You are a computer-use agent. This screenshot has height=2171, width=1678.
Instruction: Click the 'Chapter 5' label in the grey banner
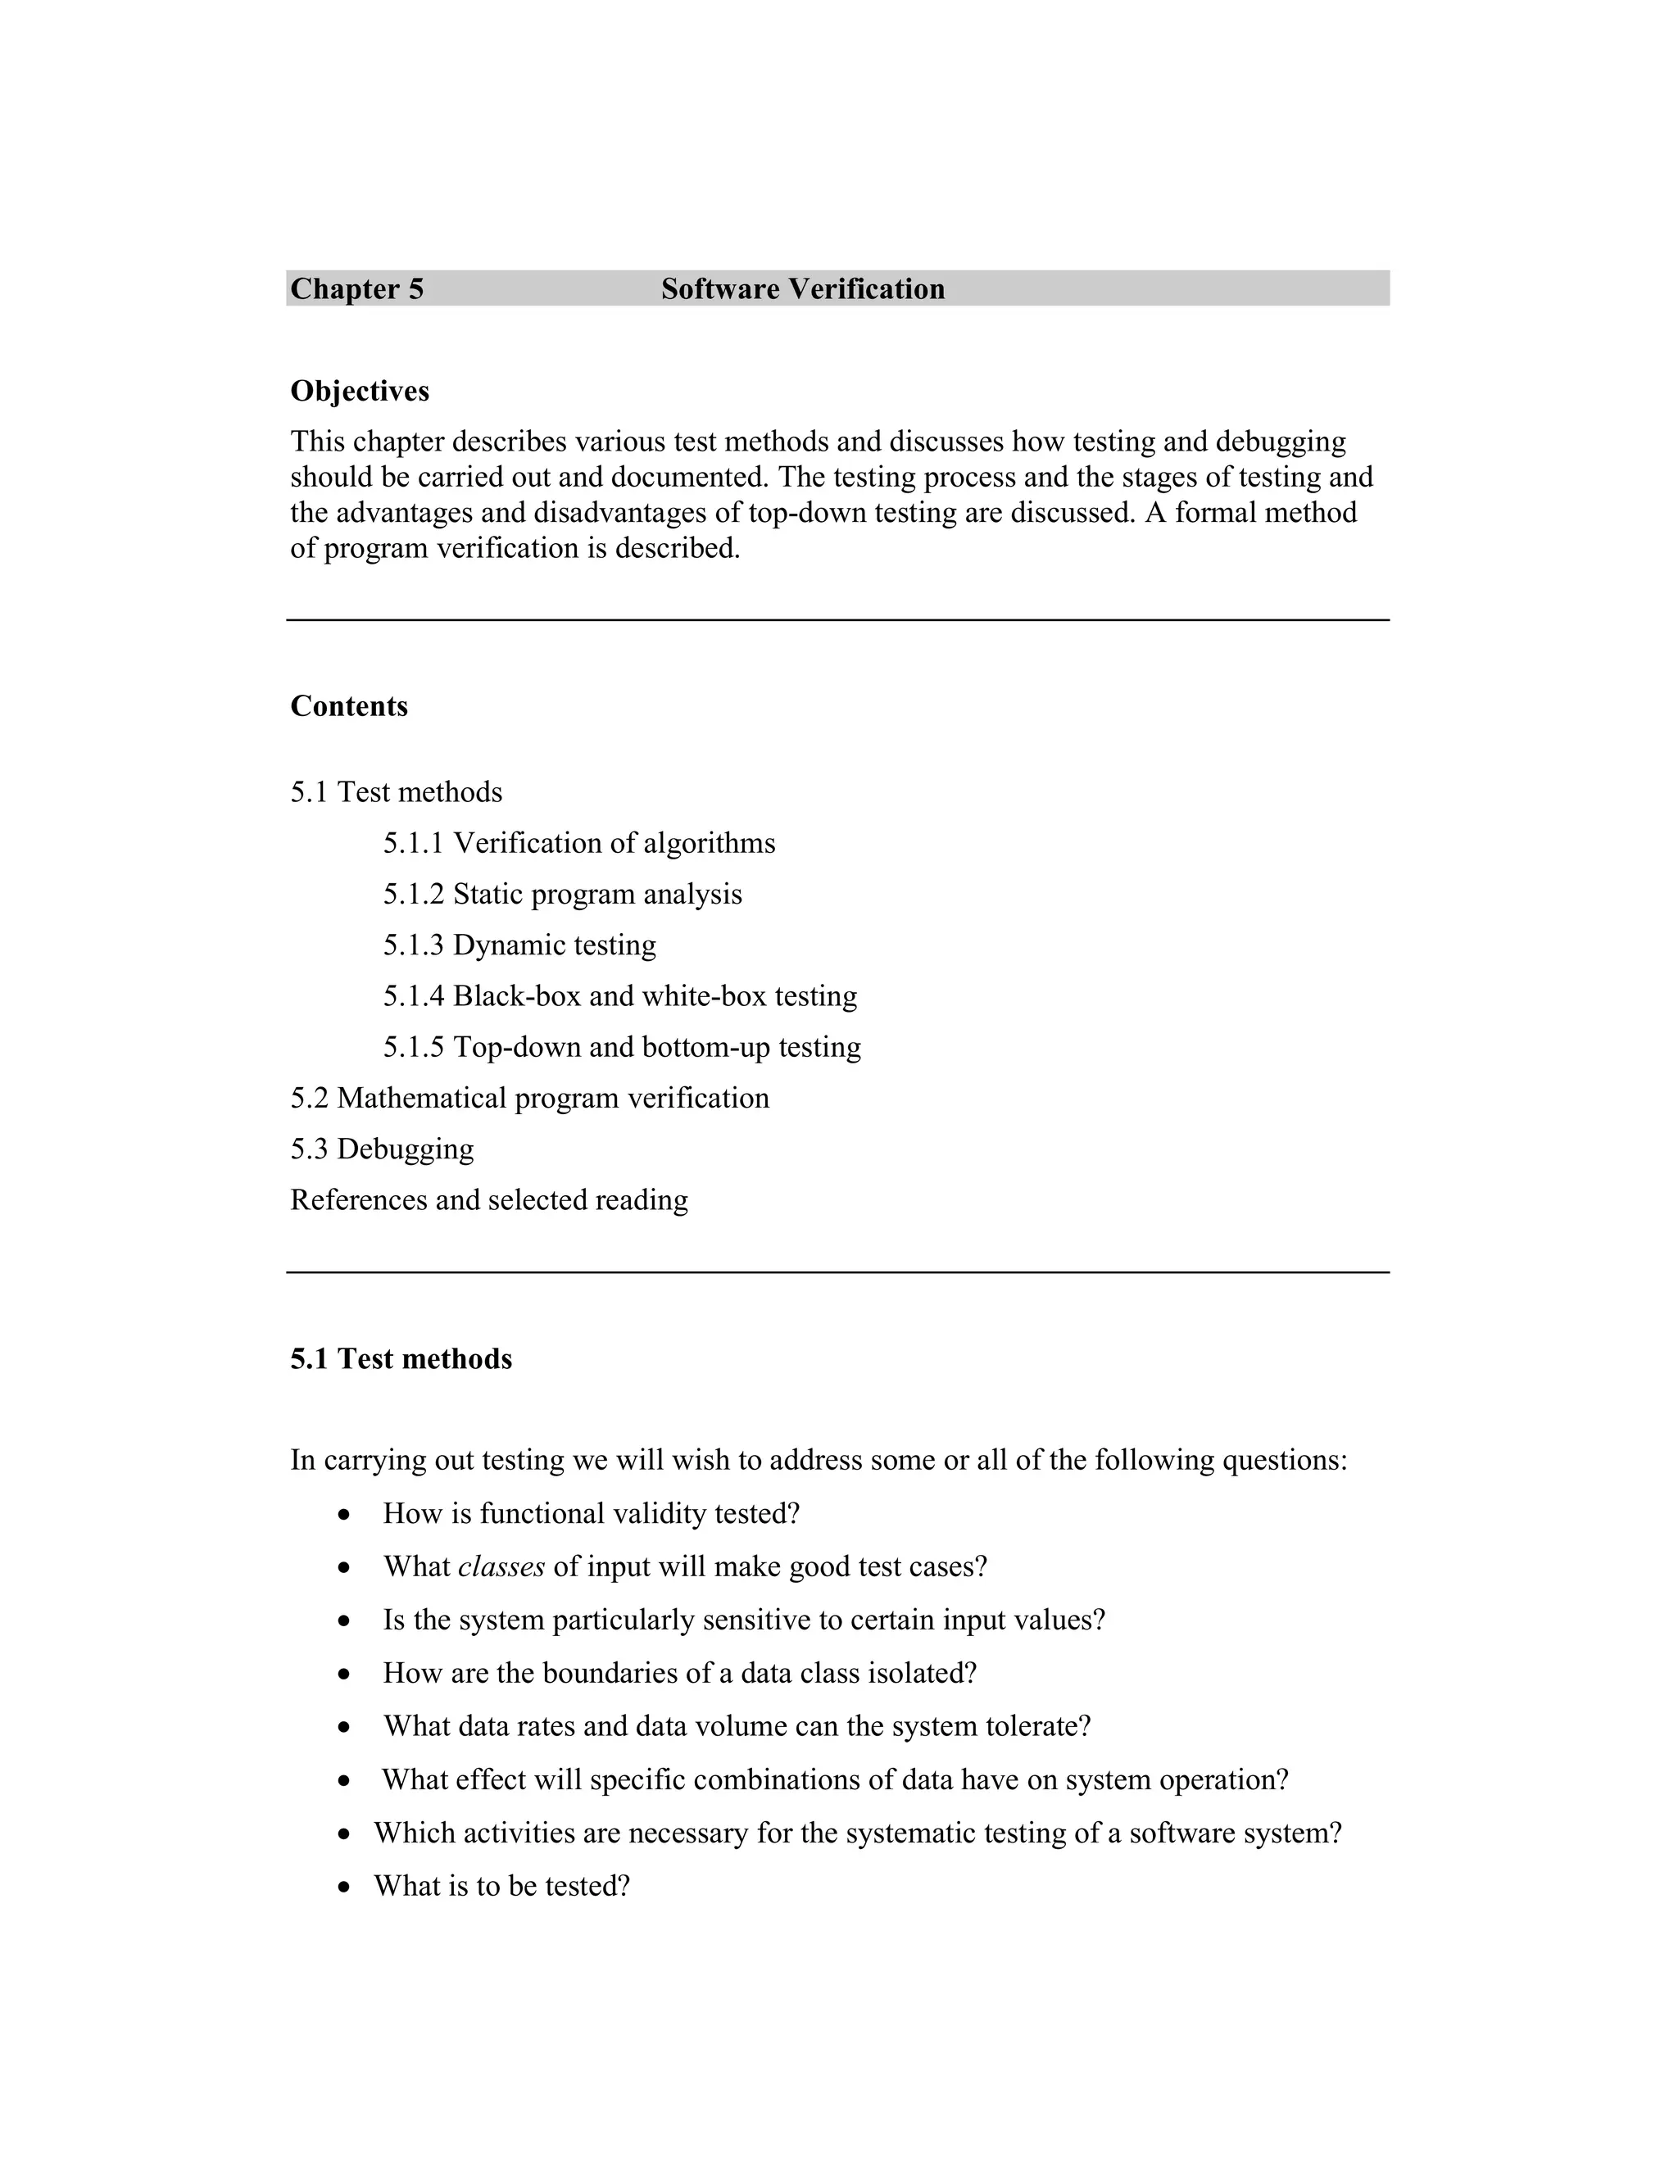[x=357, y=289]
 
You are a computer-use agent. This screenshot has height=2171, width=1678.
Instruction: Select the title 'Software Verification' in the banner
[x=802, y=289]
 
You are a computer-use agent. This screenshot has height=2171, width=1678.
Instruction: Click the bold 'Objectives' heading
[x=360, y=392]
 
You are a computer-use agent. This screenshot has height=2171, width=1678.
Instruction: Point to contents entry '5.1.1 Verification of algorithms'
[x=578, y=844]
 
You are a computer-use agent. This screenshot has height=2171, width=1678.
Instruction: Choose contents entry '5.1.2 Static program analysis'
[x=563, y=895]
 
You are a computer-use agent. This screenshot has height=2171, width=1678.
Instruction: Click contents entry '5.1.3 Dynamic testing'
[x=520, y=945]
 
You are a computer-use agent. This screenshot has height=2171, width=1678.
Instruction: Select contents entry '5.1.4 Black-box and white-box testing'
[x=620, y=996]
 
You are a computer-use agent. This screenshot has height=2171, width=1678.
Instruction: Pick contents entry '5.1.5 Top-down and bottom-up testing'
[x=623, y=1048]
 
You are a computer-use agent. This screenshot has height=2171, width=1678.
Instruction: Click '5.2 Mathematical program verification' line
[x=530, y=1099]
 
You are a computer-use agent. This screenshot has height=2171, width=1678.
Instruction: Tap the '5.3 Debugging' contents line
[x=382, y=1149]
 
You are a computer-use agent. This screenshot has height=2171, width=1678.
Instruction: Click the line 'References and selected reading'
[x=489, y=1201]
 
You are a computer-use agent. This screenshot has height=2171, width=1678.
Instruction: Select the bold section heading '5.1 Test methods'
[x=401, y=1360]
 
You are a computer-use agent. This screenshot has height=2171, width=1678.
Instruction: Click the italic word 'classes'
[x=501, y=1567]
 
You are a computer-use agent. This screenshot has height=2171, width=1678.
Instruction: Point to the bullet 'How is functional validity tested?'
[x=592, y=1514]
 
